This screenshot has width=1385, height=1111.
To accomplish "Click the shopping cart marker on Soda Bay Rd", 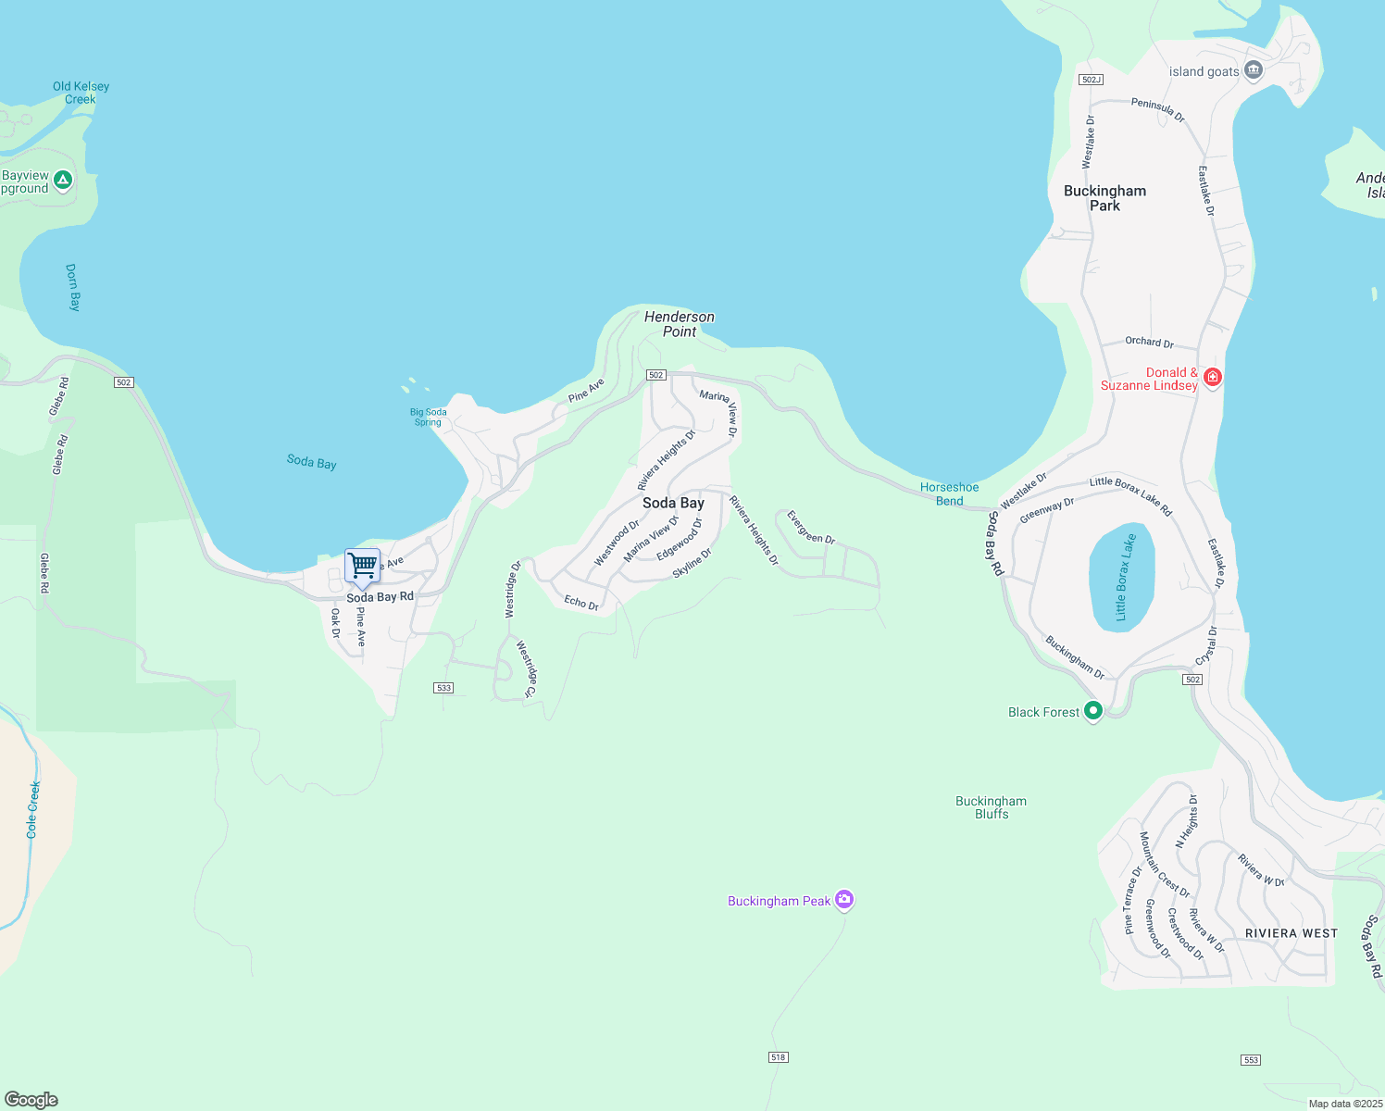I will click(x=362, y=565).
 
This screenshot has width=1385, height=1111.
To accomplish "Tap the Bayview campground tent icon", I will click(x=63, y=180).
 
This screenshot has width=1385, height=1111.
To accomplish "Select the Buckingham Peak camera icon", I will click(x=843, y=899).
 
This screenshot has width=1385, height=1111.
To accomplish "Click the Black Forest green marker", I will click(x=1093, y=711).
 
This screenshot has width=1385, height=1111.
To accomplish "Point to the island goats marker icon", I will click(x=1254, y=70).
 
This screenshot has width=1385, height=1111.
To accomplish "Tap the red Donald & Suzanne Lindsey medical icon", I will click(x=1213, y=377).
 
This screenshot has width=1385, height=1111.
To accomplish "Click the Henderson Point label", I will click(x=680, y=324).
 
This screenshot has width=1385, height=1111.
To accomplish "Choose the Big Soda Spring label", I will click(x=428, y=418).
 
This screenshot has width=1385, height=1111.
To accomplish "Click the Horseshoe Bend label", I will click(x=949, y=493).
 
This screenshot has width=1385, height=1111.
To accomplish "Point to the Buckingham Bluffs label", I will click(x=991, y=807).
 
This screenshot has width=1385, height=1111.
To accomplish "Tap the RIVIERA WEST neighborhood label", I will click(x=1291, y=933).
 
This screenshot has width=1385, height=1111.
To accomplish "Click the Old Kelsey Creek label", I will click(x=81, y=93).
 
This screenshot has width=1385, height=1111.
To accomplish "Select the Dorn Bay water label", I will click(x=73, y=287).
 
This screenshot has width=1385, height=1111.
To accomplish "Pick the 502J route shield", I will click(x=1091, y=80).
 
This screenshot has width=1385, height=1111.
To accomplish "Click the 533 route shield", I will click(x=443, y=688).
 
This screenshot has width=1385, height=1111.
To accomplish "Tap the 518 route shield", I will click(x=778, y=1057).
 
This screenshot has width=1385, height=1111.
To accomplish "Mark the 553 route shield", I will click(x=1251, y=1060).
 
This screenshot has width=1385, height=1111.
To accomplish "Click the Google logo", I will click(x=31, y=1100).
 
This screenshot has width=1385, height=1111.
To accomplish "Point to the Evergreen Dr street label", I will click(x=810, y=527).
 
